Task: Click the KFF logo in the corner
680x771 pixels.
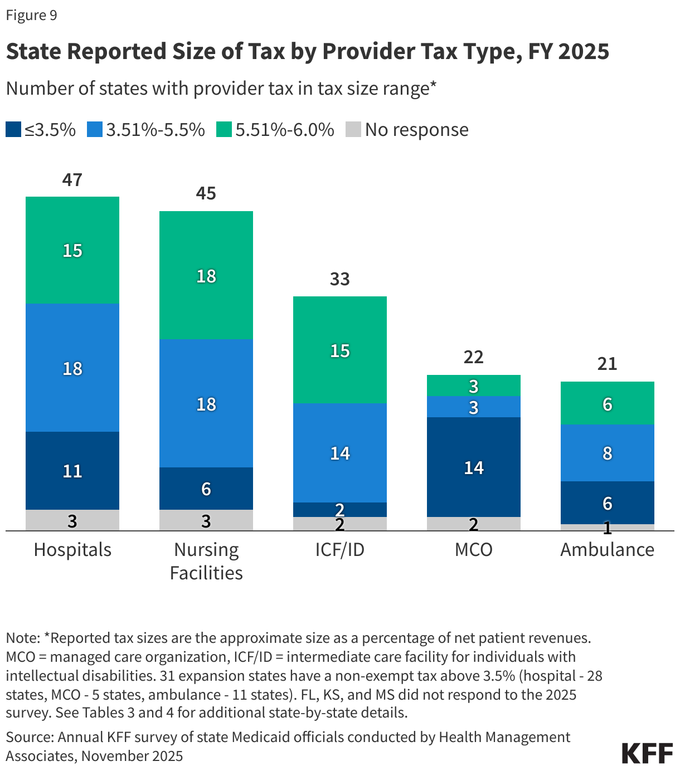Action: [647, 753]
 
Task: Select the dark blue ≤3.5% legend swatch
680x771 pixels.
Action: [13, 129]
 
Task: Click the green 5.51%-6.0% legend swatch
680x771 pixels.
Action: [224, 129]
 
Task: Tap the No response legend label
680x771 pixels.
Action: [416, 129]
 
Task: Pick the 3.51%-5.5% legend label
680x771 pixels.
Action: [156, 129]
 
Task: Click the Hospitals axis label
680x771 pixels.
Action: [72, 549]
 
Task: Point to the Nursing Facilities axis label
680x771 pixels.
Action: [206, 560]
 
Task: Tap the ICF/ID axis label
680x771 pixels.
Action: [340, 549]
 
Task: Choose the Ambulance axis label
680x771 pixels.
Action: [607, 549]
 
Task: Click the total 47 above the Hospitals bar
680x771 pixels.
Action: [72, 180]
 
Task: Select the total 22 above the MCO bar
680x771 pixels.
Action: [474, 357]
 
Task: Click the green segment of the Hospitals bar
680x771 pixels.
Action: [72, 250]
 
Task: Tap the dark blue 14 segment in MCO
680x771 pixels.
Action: [474, 467]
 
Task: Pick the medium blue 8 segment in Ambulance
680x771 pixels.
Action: [608, 453]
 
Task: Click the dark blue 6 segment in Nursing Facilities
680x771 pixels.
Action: [206, 489]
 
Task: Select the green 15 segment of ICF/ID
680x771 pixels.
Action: [340, 350]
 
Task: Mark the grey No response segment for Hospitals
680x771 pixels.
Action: [72, 520]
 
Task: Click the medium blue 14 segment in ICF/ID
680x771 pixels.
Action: [340, 453]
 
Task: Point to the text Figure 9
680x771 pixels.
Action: [32, 15]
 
